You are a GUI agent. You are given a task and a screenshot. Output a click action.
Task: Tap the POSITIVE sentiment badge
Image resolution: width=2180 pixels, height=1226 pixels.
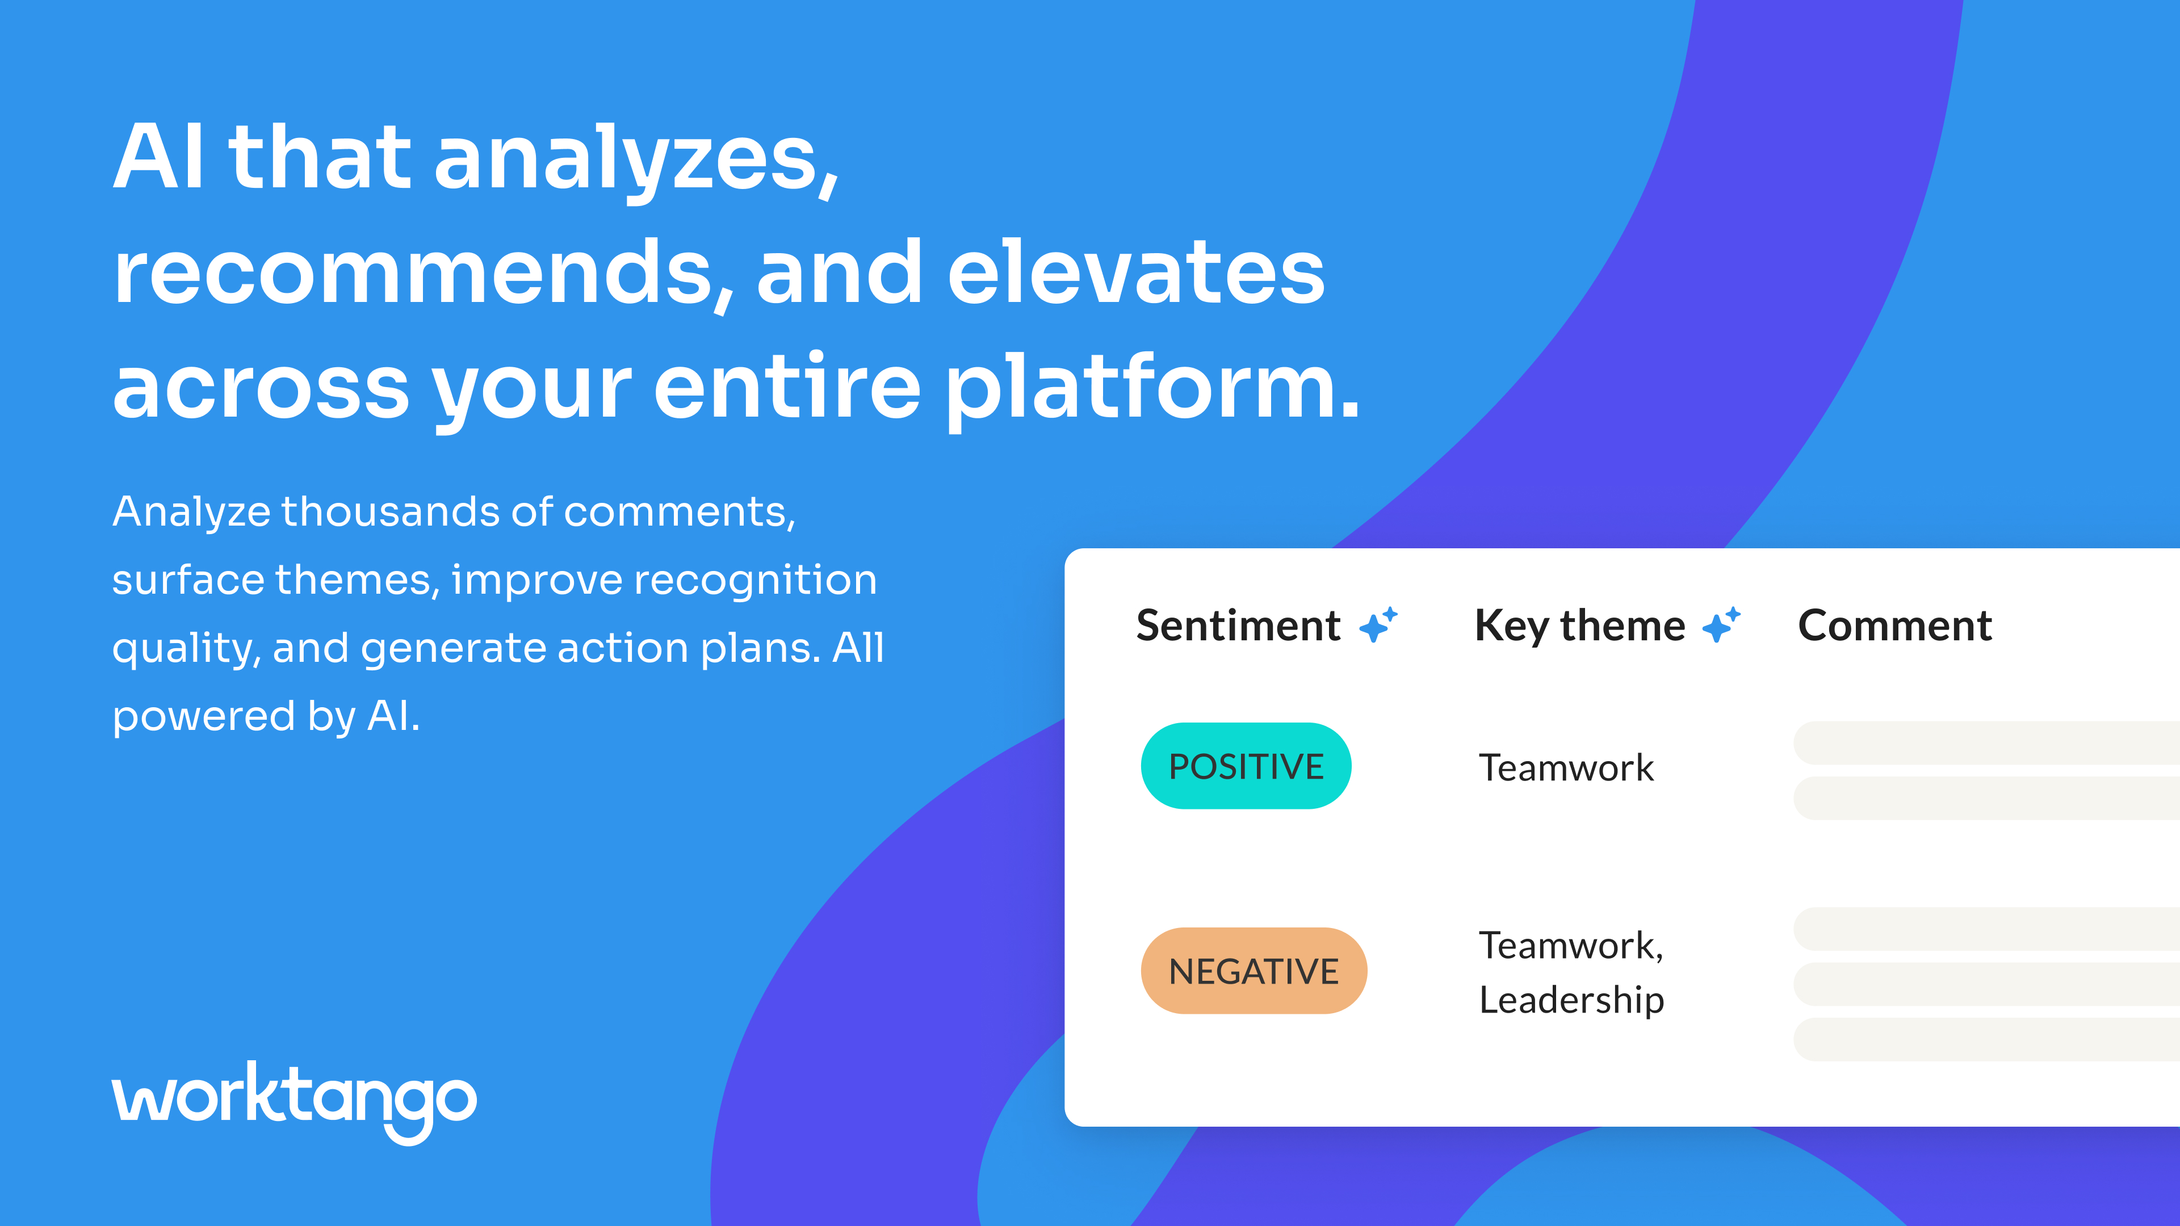[x=1246, y=766]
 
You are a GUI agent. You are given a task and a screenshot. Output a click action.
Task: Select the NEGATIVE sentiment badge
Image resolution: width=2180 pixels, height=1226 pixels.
[x=1253, y=971]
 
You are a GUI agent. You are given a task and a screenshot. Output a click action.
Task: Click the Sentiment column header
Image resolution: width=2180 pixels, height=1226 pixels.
[x=1238, y=625]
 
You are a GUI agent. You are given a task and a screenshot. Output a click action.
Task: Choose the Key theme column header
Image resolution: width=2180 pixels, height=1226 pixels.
[x=1579, y=626]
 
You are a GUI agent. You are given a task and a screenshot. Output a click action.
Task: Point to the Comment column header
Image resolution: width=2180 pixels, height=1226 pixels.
[x=1895, y=625]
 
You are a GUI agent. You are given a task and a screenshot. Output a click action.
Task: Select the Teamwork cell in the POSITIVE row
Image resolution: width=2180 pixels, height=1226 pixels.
[x=1566, y=767]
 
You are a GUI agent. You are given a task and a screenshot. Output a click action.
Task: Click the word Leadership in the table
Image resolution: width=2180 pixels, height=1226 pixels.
[x=1571, y=1000]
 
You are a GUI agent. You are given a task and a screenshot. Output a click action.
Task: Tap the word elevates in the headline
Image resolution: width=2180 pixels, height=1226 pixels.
[x=1135, y=272]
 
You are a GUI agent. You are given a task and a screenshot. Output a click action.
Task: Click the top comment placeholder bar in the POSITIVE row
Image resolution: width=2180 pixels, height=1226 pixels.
[x=1986, y=743]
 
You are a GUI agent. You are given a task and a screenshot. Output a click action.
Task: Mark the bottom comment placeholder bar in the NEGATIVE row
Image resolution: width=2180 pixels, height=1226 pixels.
[x=1986, y=1039]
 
